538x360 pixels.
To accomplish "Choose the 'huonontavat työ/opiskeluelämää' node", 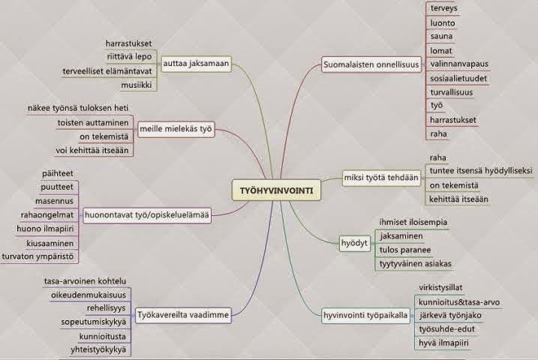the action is [x=146, y=214].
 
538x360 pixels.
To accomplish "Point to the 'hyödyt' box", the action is [x=350, y=244].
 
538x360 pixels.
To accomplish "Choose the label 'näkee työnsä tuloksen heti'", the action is [x=78, y=107].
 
